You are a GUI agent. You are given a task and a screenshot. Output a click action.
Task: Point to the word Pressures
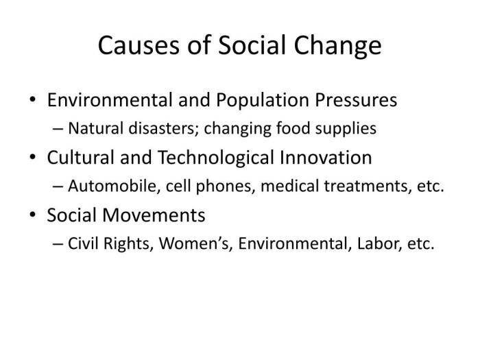[357, 100]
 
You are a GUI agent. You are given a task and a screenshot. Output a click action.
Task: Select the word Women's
[188, 244]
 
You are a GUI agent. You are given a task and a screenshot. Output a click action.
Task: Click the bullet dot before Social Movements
[34, 216]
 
